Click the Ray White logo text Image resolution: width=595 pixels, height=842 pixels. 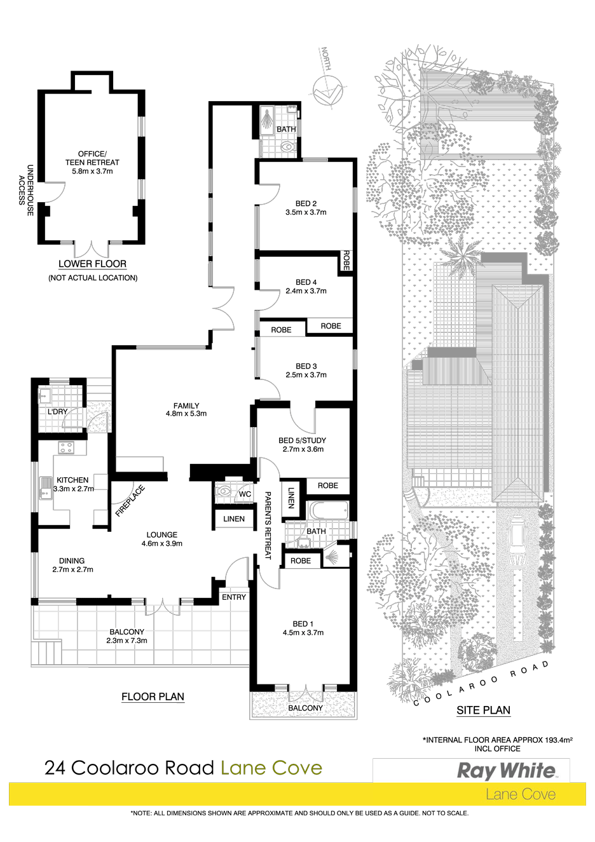coord(505,771)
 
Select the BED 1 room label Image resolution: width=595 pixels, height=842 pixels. coord(303,623)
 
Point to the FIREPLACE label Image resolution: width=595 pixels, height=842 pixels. coord(130,501)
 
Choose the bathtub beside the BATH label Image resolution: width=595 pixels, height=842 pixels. coord(328,510)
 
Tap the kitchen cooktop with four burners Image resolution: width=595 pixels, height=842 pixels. coord(66,447)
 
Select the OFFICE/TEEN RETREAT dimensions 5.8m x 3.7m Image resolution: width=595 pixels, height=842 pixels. coord(92,172)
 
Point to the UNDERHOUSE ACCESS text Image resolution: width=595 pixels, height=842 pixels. coord(26,190)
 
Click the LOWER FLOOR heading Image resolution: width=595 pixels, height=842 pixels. coord(92,264)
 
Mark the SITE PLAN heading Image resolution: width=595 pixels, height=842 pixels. coord(483,710)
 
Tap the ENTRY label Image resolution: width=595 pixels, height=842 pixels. coord(234,597)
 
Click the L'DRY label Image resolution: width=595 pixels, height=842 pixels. coord(57,412)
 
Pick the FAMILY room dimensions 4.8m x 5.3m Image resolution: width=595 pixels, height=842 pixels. coord(186,414)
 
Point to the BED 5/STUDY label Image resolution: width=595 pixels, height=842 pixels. coord(303,440)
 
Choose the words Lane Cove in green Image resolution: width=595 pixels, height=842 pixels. coord(271,768)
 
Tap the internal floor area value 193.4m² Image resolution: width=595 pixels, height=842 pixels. coord(558,740)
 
